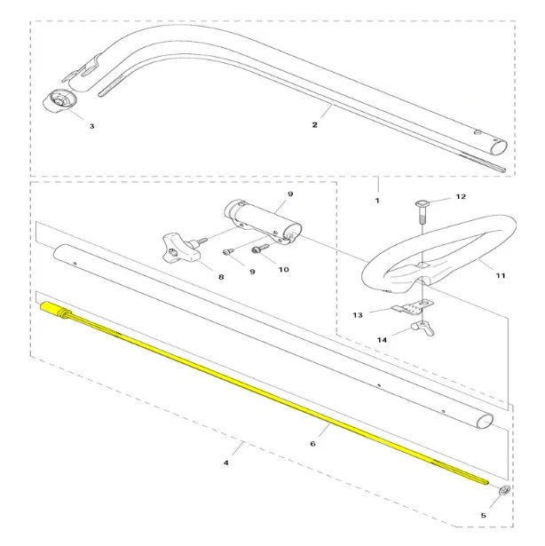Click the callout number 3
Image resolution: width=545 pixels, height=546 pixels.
click(x=92, y=126)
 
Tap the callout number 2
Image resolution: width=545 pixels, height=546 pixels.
click(x=315, y=124)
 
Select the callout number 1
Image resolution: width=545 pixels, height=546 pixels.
click(x=377, y=201)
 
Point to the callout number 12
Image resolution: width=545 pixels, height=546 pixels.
click(x=461, y=197)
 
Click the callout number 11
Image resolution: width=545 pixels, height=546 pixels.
click(x=501, y=276)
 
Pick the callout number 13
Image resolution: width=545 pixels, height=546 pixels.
click(x=358, y=315)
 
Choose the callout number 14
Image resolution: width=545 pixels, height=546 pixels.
click(x=382, y=340)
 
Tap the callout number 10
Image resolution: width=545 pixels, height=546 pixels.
click(x=284, y=270)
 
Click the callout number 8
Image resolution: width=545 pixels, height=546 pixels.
click(x=221, y=277)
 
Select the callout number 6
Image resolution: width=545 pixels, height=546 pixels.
click(x=312, y=444)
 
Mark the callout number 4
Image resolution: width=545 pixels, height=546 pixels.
click(x=226, y=463)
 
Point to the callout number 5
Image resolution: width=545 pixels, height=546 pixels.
click(x=484, y=515)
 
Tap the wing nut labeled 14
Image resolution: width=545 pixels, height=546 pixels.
click(x=423, y=328)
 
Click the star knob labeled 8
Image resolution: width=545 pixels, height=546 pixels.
click(x=178, y=249)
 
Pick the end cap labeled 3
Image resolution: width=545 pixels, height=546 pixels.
click(x=59, y=101)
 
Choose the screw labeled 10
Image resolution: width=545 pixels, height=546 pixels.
click(x=259, y=248)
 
